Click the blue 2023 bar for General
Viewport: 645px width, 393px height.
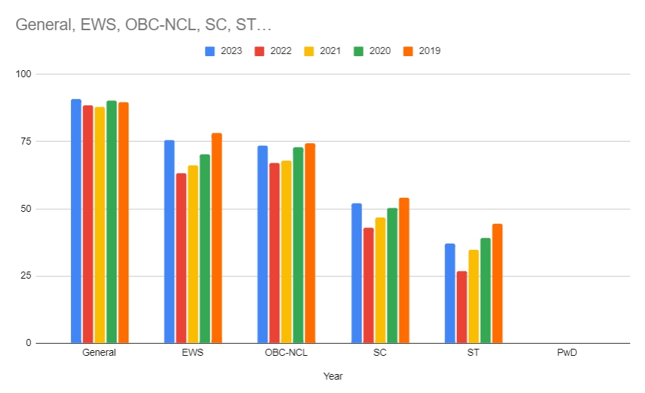pos(76,221)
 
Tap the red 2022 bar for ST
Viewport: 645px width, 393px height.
pos(462,307)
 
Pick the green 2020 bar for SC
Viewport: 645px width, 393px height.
pos(392,275)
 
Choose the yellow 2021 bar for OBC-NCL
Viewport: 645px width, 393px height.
pos(286,252)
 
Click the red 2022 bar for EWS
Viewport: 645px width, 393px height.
pos(181,258)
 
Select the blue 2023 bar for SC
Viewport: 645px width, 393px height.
pos(357,273)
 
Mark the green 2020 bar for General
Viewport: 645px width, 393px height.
pos(112,222)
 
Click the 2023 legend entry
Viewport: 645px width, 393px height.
pos(224,51)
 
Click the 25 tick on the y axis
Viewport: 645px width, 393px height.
pos(26,276)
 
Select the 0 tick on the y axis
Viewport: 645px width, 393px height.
pos(29,343)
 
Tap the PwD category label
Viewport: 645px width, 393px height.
pos(567,353)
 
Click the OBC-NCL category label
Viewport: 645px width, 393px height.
pos(286,353)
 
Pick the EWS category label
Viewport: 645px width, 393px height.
pos(192,353)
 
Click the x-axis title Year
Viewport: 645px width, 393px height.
pos(333,376)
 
